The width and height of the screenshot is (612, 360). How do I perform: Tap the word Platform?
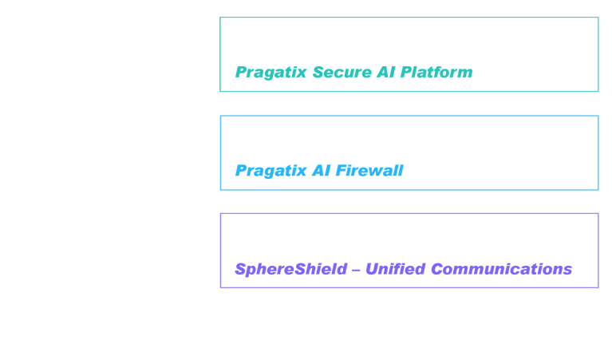tap(436, 72)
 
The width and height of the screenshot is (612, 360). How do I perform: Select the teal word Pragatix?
tap(270, 73)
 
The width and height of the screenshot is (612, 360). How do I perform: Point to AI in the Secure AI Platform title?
tap(385, 72)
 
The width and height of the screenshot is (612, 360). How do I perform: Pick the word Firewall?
tap(369, 171)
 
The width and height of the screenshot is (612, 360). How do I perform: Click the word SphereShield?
tap(290, 270)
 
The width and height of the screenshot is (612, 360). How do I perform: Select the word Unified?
tap(396, 269)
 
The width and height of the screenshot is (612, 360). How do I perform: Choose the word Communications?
tap(502, 269)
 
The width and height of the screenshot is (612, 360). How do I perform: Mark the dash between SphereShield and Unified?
tap(356, 270)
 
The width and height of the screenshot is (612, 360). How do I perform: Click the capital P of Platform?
tap(407, 72)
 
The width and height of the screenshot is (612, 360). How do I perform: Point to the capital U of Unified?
tap(373, 269)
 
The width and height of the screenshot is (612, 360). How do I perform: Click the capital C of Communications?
tap(437, 269)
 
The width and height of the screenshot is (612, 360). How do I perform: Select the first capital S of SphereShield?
tap(241, 269)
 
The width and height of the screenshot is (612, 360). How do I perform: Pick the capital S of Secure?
tap(319, 72)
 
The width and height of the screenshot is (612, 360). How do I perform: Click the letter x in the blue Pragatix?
tap(302, 172)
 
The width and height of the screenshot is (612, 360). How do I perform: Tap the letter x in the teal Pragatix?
tap(302, 73)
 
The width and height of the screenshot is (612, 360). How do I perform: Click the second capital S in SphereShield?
tap(301, 269)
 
